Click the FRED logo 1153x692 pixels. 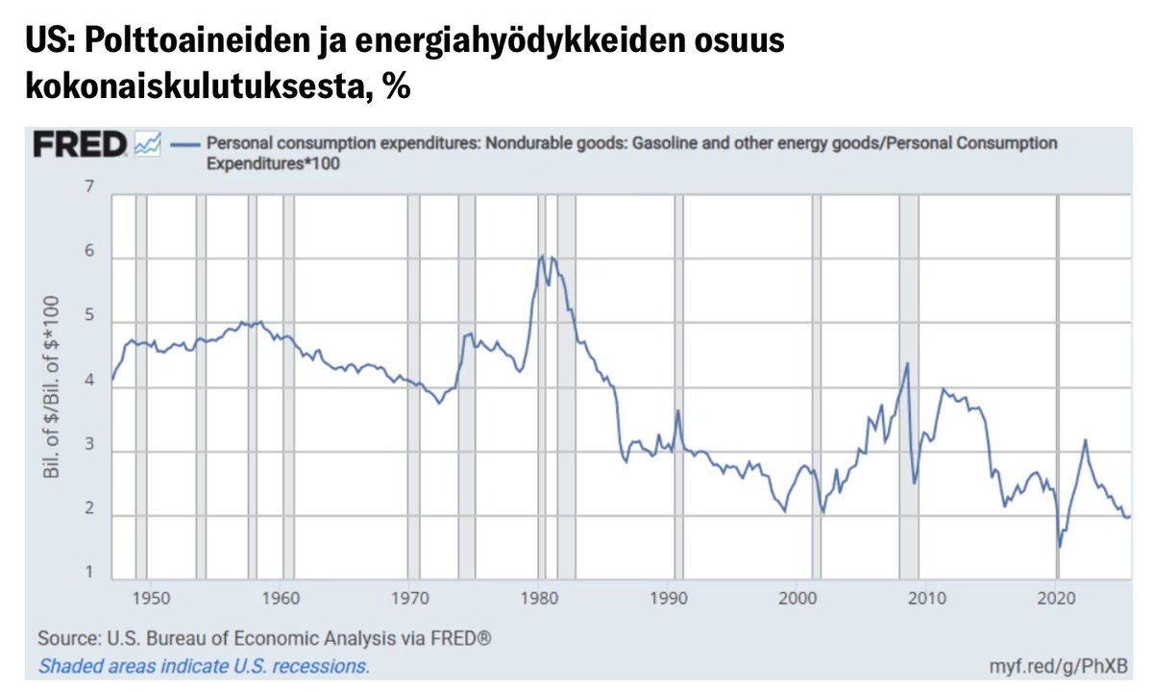tap(79, 145)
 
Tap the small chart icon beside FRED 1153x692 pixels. tap(148, 144)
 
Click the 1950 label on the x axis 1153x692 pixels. tap(152, 597)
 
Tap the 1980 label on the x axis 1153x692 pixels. tap(539, 597)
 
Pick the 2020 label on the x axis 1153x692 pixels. tap(1056, 597)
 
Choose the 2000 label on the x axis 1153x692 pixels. tap(797, 597)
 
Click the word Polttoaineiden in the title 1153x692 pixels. tap(164, 44)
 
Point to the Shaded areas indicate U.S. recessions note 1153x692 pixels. tap(204, 665)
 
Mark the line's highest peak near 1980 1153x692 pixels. tap(543, 256)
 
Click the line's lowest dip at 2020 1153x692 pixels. tap(1060, 547)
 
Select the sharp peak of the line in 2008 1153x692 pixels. tap(907, 363)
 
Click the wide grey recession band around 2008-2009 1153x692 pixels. tap(909, 384)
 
